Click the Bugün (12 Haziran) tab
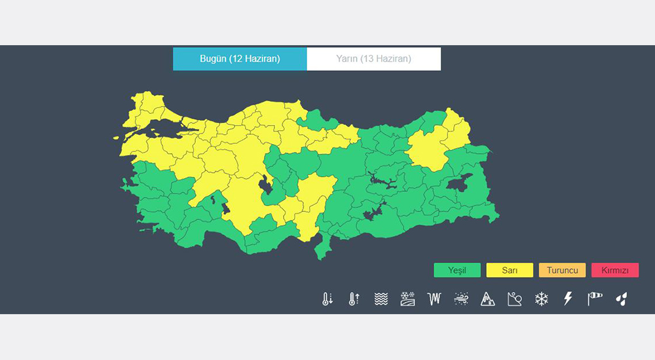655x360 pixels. coord(240,59)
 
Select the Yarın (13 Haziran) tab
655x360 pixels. coord(373,59)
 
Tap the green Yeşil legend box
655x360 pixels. coord(457,270)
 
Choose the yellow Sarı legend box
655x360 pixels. coord(510,270)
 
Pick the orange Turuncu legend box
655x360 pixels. coord(562,270)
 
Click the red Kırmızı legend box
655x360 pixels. coord(614,270)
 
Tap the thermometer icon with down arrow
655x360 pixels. coord(327,299)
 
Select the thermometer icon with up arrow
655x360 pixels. coord(354,299)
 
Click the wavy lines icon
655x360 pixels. coord(381,299)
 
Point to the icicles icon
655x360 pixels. coord(434,299)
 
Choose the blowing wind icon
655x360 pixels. coord(460,299)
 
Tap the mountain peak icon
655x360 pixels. coord(487,299)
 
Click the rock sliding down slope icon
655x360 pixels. coord(514,299)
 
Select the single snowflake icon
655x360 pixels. coord(541,299)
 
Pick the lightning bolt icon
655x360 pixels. coord(568,299)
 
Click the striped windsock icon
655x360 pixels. coord(595,299)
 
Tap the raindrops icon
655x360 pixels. coord(621,299)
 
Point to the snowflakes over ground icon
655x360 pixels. coord(407,299)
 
